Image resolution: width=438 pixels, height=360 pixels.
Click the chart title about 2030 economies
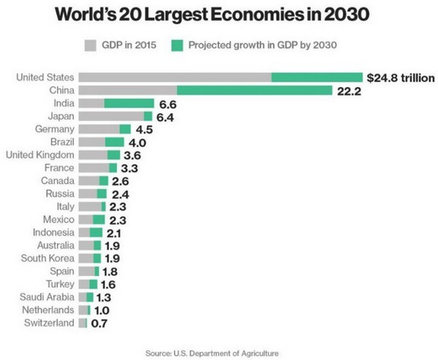click(219, 15)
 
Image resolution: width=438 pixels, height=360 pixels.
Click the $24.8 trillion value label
click(401, 78)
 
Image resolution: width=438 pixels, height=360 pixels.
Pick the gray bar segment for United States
click(174, 77)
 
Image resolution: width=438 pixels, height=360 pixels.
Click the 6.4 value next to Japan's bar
click(166, 116)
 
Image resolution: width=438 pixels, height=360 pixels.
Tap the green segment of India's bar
click(128, 103)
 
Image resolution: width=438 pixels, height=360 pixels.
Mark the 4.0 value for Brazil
click(138, 142)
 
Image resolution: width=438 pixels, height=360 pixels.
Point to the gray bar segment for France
click(93, 167)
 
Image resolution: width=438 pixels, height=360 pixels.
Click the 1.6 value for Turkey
click(108, 285)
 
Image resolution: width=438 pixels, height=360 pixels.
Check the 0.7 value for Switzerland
click(99, 323)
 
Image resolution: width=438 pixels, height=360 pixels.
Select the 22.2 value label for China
click(347, 91)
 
